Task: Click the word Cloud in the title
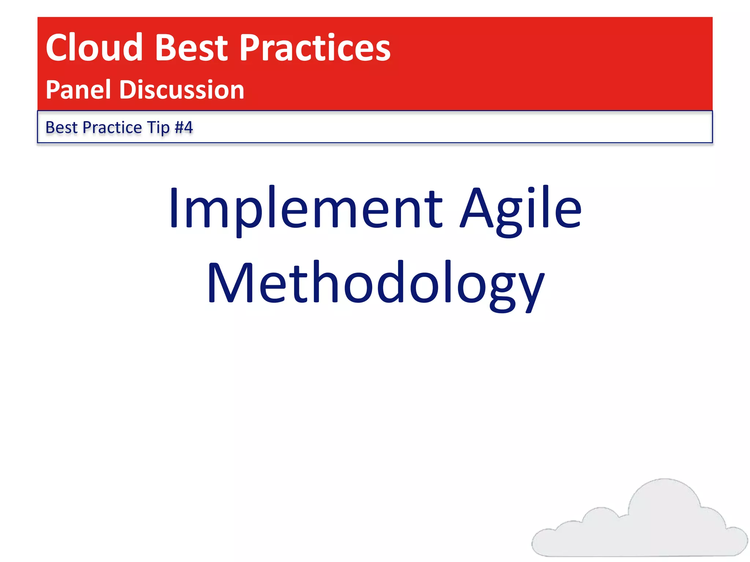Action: point(94,48)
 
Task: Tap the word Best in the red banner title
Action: point(192,48)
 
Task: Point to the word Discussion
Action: point(182,90)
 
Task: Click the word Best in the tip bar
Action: point(61,128)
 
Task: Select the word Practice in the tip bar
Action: point(112,128)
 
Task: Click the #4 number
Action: point(184,128)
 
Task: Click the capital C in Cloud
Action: point(59,48)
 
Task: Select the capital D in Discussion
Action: point(129,90)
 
